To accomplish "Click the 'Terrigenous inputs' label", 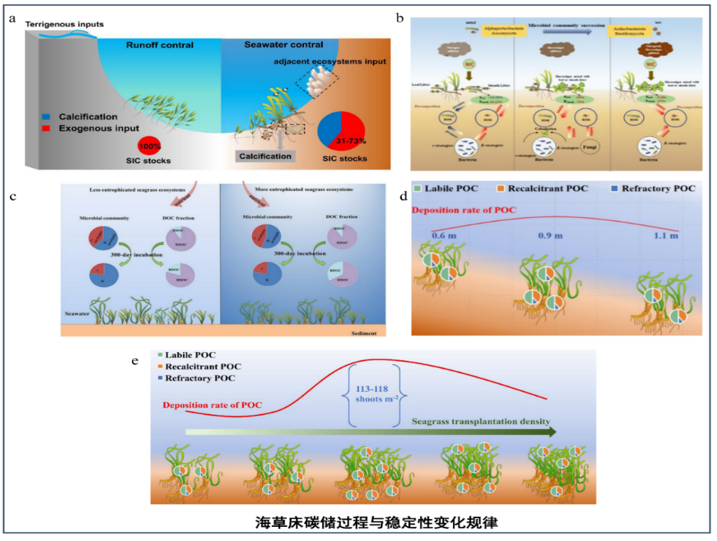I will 65,24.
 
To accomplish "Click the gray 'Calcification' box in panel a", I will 266,155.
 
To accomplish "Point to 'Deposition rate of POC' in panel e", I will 212,405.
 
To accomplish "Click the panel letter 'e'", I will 135,361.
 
